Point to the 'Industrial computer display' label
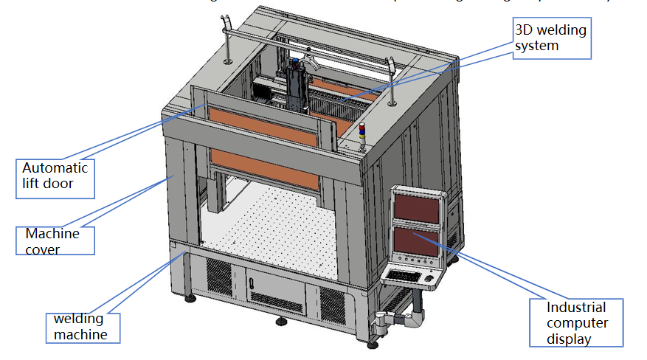coord(576,323)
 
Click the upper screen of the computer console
coord(417,207)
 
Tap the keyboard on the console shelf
coord(404,275)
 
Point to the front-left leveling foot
coord(191,298)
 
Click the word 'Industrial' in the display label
coord(576,308)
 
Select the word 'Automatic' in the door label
coord(55,167)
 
